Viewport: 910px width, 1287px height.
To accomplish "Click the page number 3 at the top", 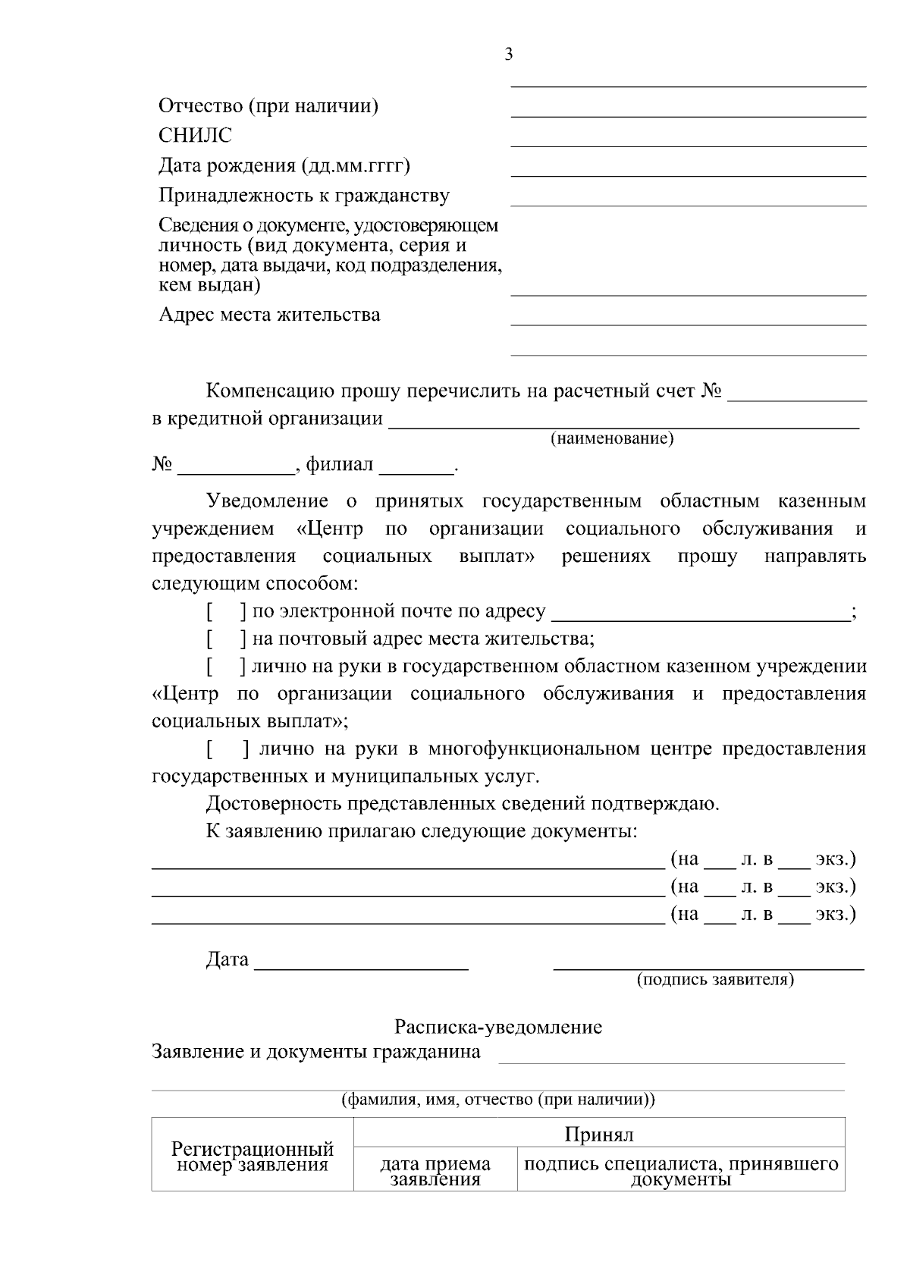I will tap(508, 54).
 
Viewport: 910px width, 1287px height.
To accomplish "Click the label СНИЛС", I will tap(195, 136).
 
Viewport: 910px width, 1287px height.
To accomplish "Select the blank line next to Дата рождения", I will tap(688, 171).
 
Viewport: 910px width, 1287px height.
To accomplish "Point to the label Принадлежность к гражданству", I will tap(304, 196).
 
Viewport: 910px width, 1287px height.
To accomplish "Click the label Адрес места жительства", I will tap(269, 315).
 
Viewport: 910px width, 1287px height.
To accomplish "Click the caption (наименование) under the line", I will tap(611, 438).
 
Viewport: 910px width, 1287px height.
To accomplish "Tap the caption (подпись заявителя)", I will tap(715, 980).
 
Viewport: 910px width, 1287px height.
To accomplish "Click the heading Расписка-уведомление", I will tap(497, 1028).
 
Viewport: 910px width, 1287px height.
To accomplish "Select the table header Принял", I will tap(598, 1135).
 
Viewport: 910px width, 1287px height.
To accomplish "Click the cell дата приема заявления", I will tap(435, 1171).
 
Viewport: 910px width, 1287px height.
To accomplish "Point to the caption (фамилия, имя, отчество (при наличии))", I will tap(498, 1100).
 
